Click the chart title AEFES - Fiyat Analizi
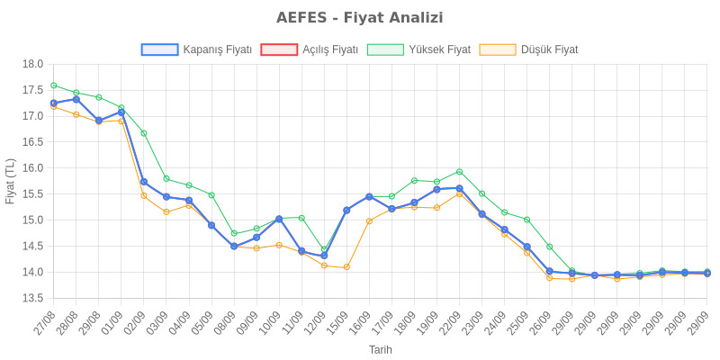[x=360, y=18]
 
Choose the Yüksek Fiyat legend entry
[x=419, y=49]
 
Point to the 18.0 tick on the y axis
[x=32, y=64]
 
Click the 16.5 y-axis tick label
[x=32, y=142]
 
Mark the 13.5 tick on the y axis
[x=32, y=298]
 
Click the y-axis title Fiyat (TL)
[x=11, y=180]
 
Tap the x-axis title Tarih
[x=380, y=349]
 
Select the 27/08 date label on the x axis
[x=44, y=322]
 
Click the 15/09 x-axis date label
[x=337, y=322]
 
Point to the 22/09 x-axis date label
[x=450, y=322]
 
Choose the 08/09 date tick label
[x=224, y=322]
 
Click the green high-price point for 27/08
[x=54, y=85]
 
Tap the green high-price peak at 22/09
[x=459, y=171]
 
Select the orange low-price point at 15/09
[x=346, y=267]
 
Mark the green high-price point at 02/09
[x=144, y=133]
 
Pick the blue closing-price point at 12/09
[x=324, y=256]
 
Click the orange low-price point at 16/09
[x=369, y=220]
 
